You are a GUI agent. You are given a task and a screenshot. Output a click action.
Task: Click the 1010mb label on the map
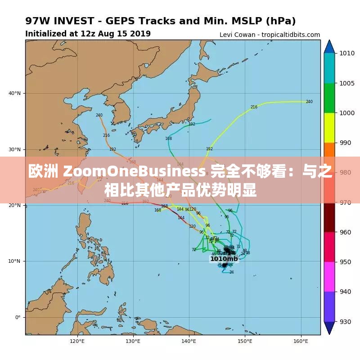(x=224, y=259)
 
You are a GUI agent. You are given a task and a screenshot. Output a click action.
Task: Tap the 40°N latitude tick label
(x=15, y=93)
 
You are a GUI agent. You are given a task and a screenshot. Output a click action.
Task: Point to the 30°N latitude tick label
(x=15, y=149)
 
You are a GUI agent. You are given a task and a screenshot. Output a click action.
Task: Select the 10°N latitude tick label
(x=15, y=261)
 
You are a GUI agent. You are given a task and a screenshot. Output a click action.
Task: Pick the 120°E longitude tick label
(x=77, y=341)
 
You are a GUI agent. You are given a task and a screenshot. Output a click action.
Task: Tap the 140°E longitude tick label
(x=189, y=341)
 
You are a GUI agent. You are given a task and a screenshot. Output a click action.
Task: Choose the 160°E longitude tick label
(x=300, y=341)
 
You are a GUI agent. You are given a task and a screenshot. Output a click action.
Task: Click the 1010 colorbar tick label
(x=347, y=53)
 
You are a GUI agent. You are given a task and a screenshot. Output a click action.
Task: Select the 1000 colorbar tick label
(x=347, y=113)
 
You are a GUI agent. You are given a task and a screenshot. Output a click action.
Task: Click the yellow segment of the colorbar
(x=329, y=128)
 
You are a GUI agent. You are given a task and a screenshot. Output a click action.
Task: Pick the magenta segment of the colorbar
(x=329, y=276)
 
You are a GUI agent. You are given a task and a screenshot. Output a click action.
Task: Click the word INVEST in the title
(x=78, y=21)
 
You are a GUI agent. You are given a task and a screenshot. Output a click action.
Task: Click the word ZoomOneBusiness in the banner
(x=135, y=171)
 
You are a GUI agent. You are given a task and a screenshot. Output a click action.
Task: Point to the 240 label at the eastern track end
(x=309, y=102)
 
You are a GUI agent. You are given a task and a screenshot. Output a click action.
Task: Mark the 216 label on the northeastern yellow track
(x=254, y=107)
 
